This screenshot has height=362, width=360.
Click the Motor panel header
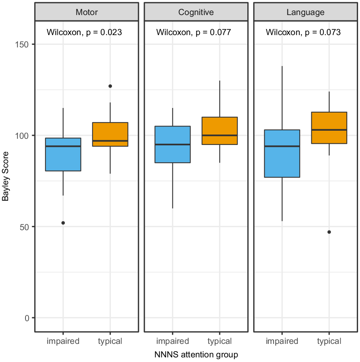point(86,12)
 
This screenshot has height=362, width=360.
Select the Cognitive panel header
point(196,12)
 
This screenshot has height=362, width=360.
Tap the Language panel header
point(305,12)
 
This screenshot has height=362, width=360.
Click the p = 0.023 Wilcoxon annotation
point(84,32)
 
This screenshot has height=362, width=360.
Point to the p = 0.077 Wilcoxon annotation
point(194,32)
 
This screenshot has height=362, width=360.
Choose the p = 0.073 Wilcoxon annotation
point(303,32)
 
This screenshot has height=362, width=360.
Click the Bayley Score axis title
point(5,181)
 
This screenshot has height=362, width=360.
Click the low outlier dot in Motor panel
point(63,223)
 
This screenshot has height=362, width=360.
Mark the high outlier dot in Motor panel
point(110,86)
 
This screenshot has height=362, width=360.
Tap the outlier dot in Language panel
point(329,232)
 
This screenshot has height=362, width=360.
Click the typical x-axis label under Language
point(329,341)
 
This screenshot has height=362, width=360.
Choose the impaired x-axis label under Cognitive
point(172,341)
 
